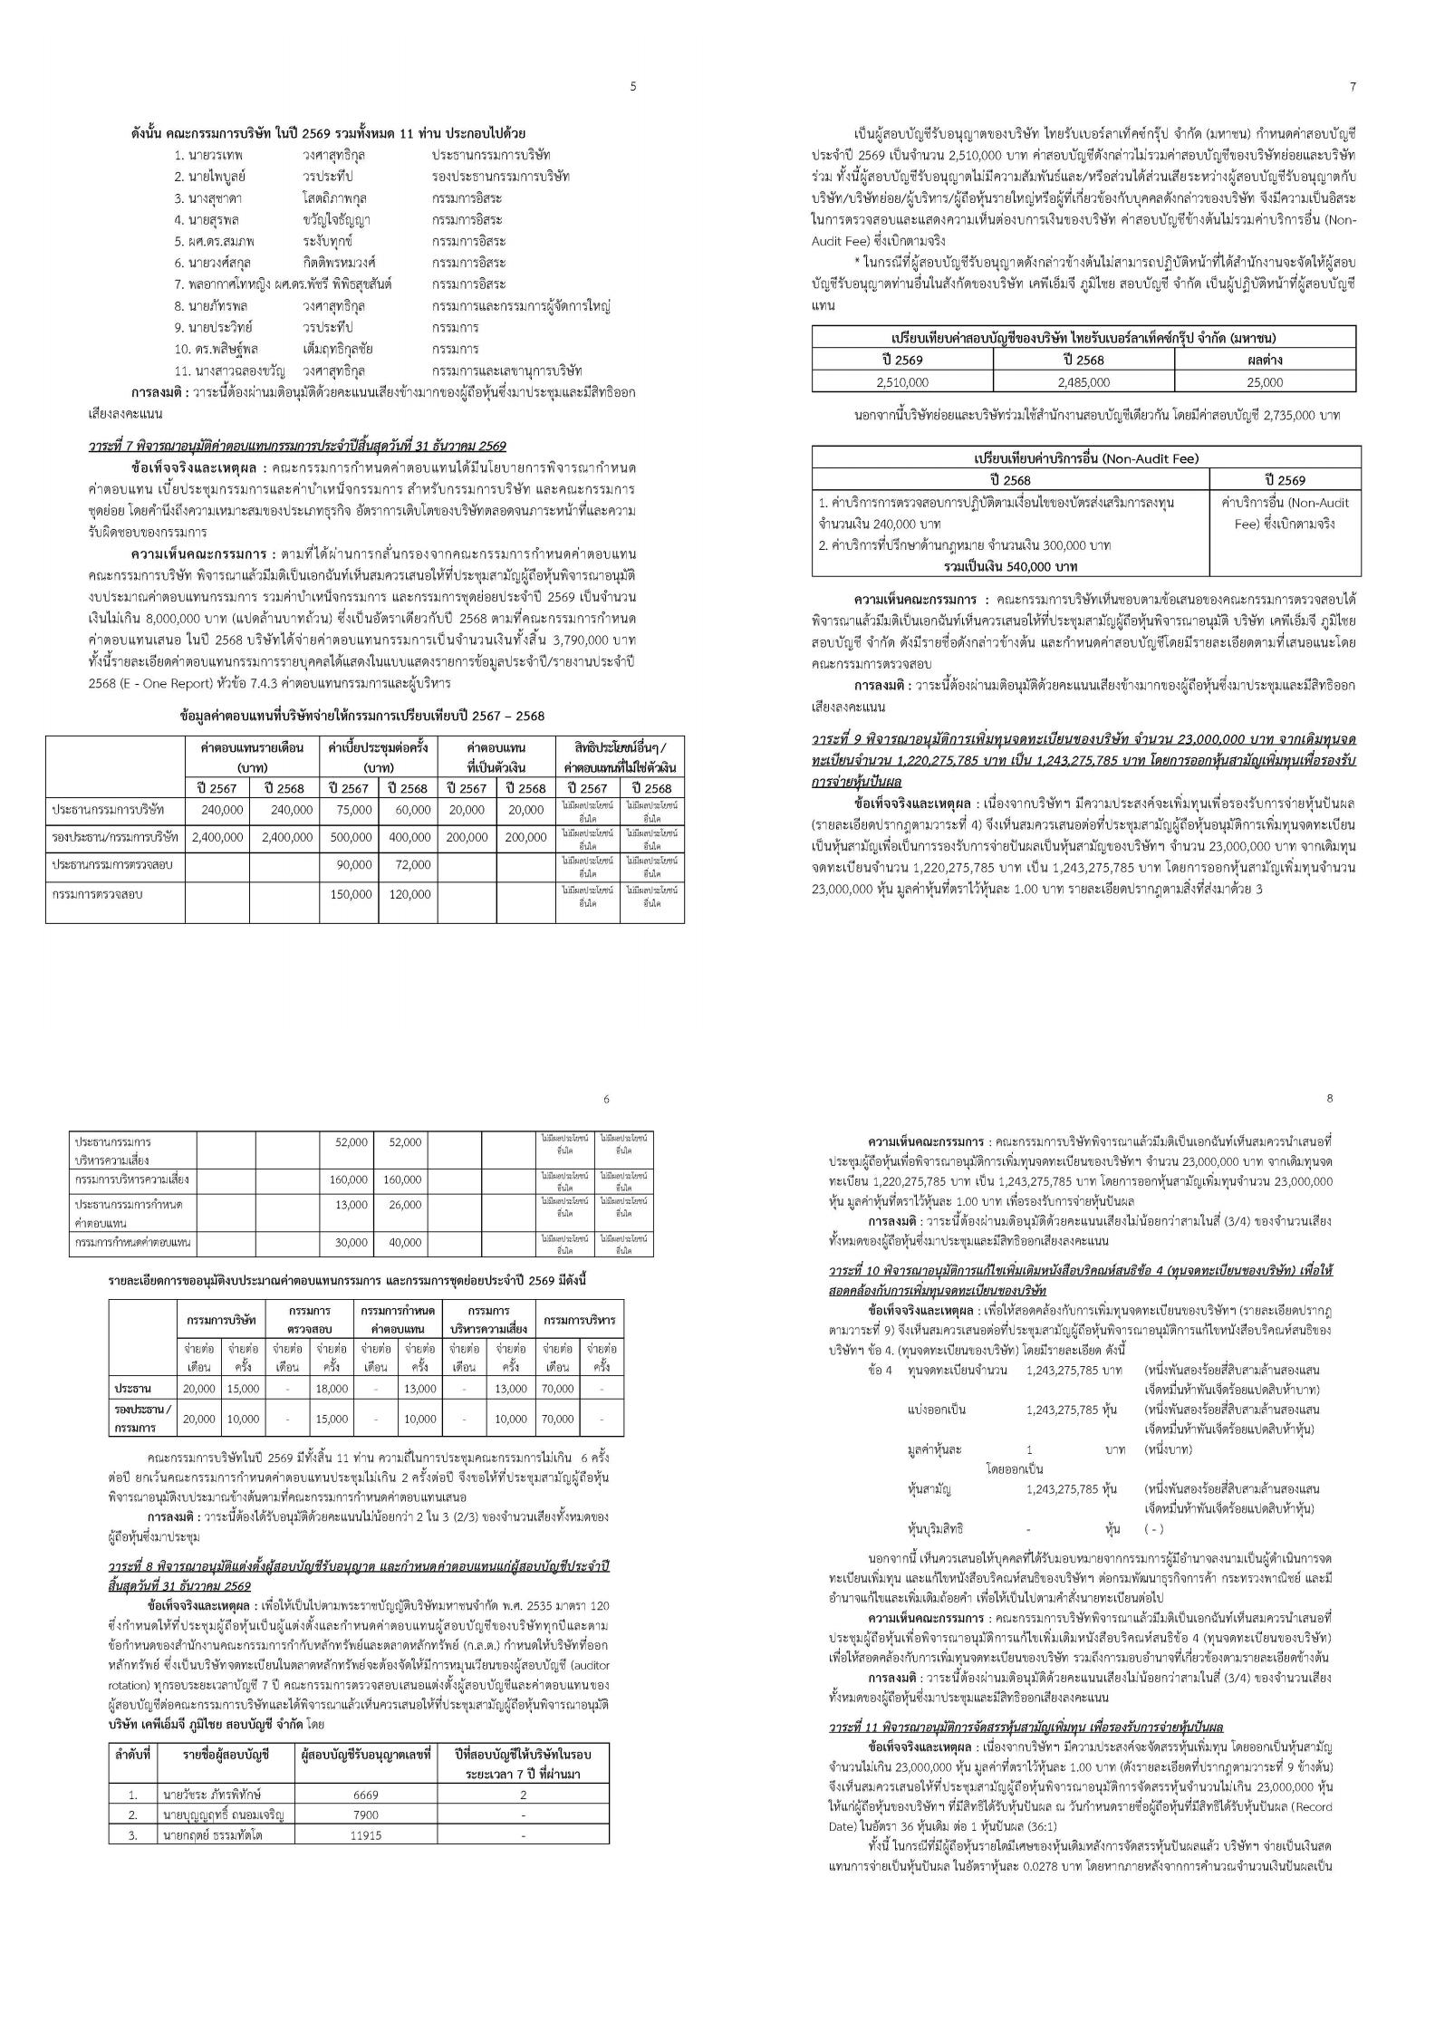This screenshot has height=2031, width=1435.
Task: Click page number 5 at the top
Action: pyautogui.click(x=632, y=87)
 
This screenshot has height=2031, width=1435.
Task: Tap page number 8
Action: pyautogui.click(x=1329, y=1098)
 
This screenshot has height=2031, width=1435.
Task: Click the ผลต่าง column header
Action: pyautogui.click(x=1266, y=360)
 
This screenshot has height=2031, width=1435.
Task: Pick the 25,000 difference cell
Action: pyautogui.click(x=1266, y=382)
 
